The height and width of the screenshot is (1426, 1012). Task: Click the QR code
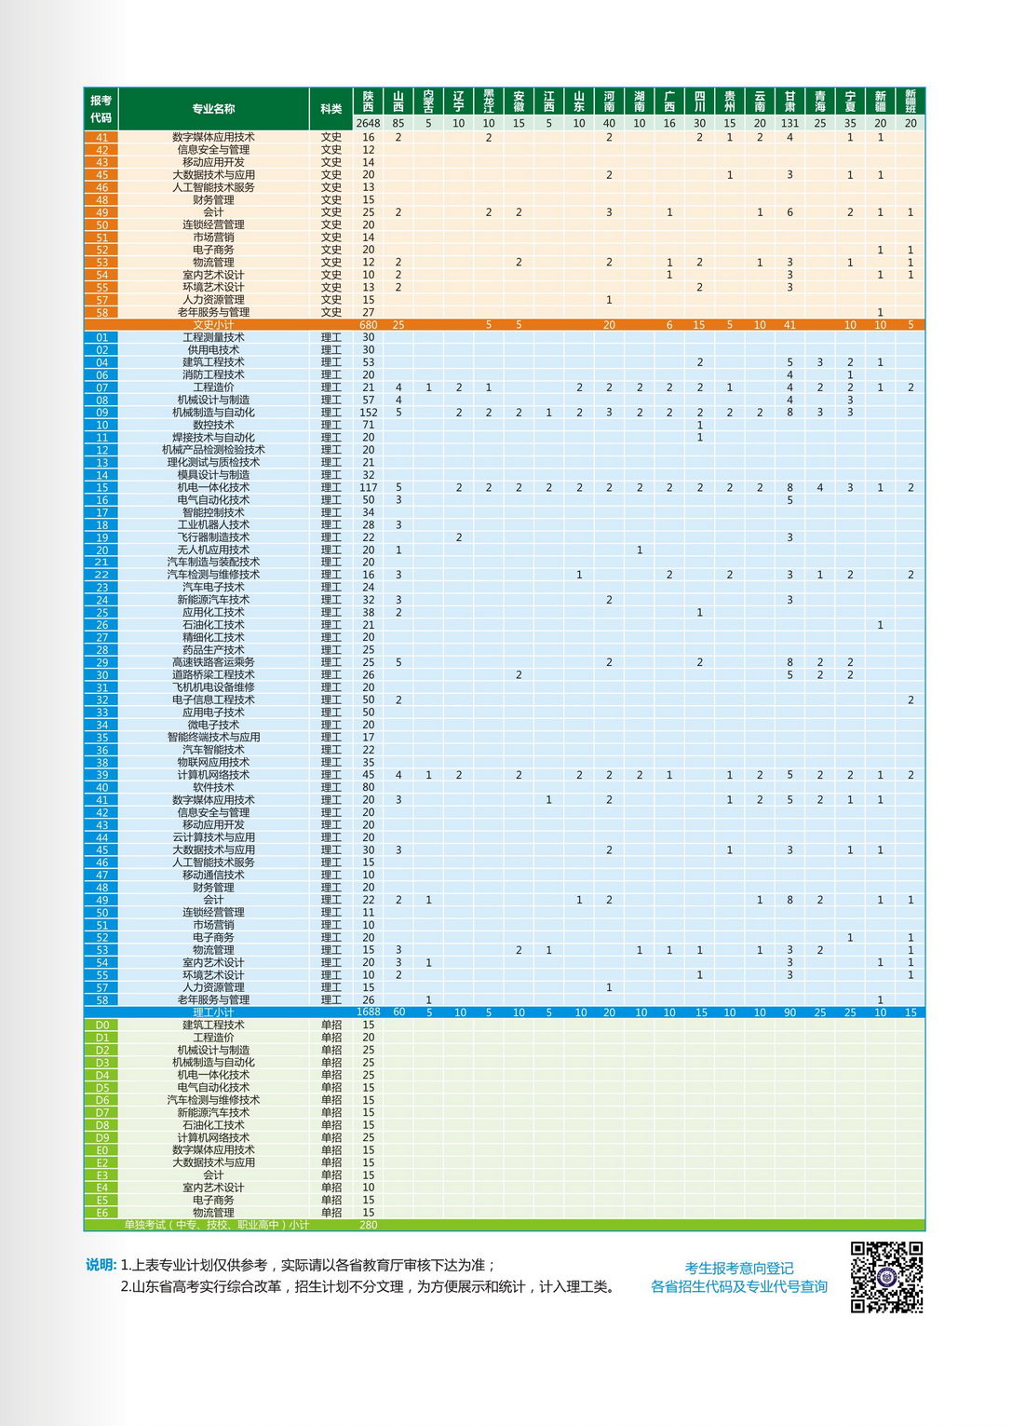886,1277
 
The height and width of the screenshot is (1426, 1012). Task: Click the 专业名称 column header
213,109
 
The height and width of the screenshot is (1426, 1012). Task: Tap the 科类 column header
331,109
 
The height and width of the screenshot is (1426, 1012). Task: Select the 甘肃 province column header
789,101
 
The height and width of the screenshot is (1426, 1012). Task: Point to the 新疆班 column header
910,101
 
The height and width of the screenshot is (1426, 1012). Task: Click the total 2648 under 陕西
368,123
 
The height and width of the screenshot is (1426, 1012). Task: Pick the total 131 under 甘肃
789,123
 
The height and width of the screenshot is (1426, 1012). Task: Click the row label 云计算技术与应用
213,837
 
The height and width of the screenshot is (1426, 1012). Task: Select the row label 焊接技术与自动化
213,437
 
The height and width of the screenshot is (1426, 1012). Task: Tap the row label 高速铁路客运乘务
213,662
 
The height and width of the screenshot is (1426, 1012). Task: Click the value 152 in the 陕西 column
368,413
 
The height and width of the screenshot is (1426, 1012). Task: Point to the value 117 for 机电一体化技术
368,487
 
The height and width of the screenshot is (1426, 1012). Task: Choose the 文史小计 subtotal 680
368,325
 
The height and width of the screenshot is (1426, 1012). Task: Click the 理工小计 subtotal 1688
368,1012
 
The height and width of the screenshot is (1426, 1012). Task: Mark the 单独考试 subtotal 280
368,1225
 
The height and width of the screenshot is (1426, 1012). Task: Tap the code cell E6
101,1213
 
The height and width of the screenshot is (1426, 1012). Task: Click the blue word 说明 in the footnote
101,1265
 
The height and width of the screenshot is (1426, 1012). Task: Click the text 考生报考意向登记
739,1268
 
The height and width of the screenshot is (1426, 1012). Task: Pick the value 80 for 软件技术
368,787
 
